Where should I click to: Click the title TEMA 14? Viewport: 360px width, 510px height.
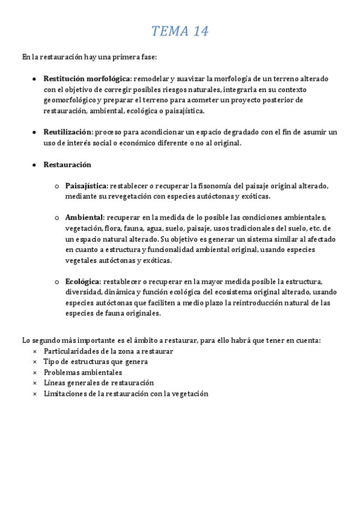[x=180, y=31]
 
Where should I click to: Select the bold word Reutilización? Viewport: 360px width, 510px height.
[x=67, y=132]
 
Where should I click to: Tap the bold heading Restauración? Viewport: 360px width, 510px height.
[x=67, y=164]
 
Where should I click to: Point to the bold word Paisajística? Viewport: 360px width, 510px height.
[x=86, y=186]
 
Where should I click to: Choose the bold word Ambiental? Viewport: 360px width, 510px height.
[x=84, y=217]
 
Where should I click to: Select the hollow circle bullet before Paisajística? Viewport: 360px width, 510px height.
[x=56, y=186]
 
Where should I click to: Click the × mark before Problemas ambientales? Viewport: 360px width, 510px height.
[x=34, y=372]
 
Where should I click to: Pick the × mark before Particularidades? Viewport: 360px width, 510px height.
[x=34, y=351]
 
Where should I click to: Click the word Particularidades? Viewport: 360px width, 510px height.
[x=72, y=351]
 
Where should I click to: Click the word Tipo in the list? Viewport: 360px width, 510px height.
[x=51, y=361]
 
